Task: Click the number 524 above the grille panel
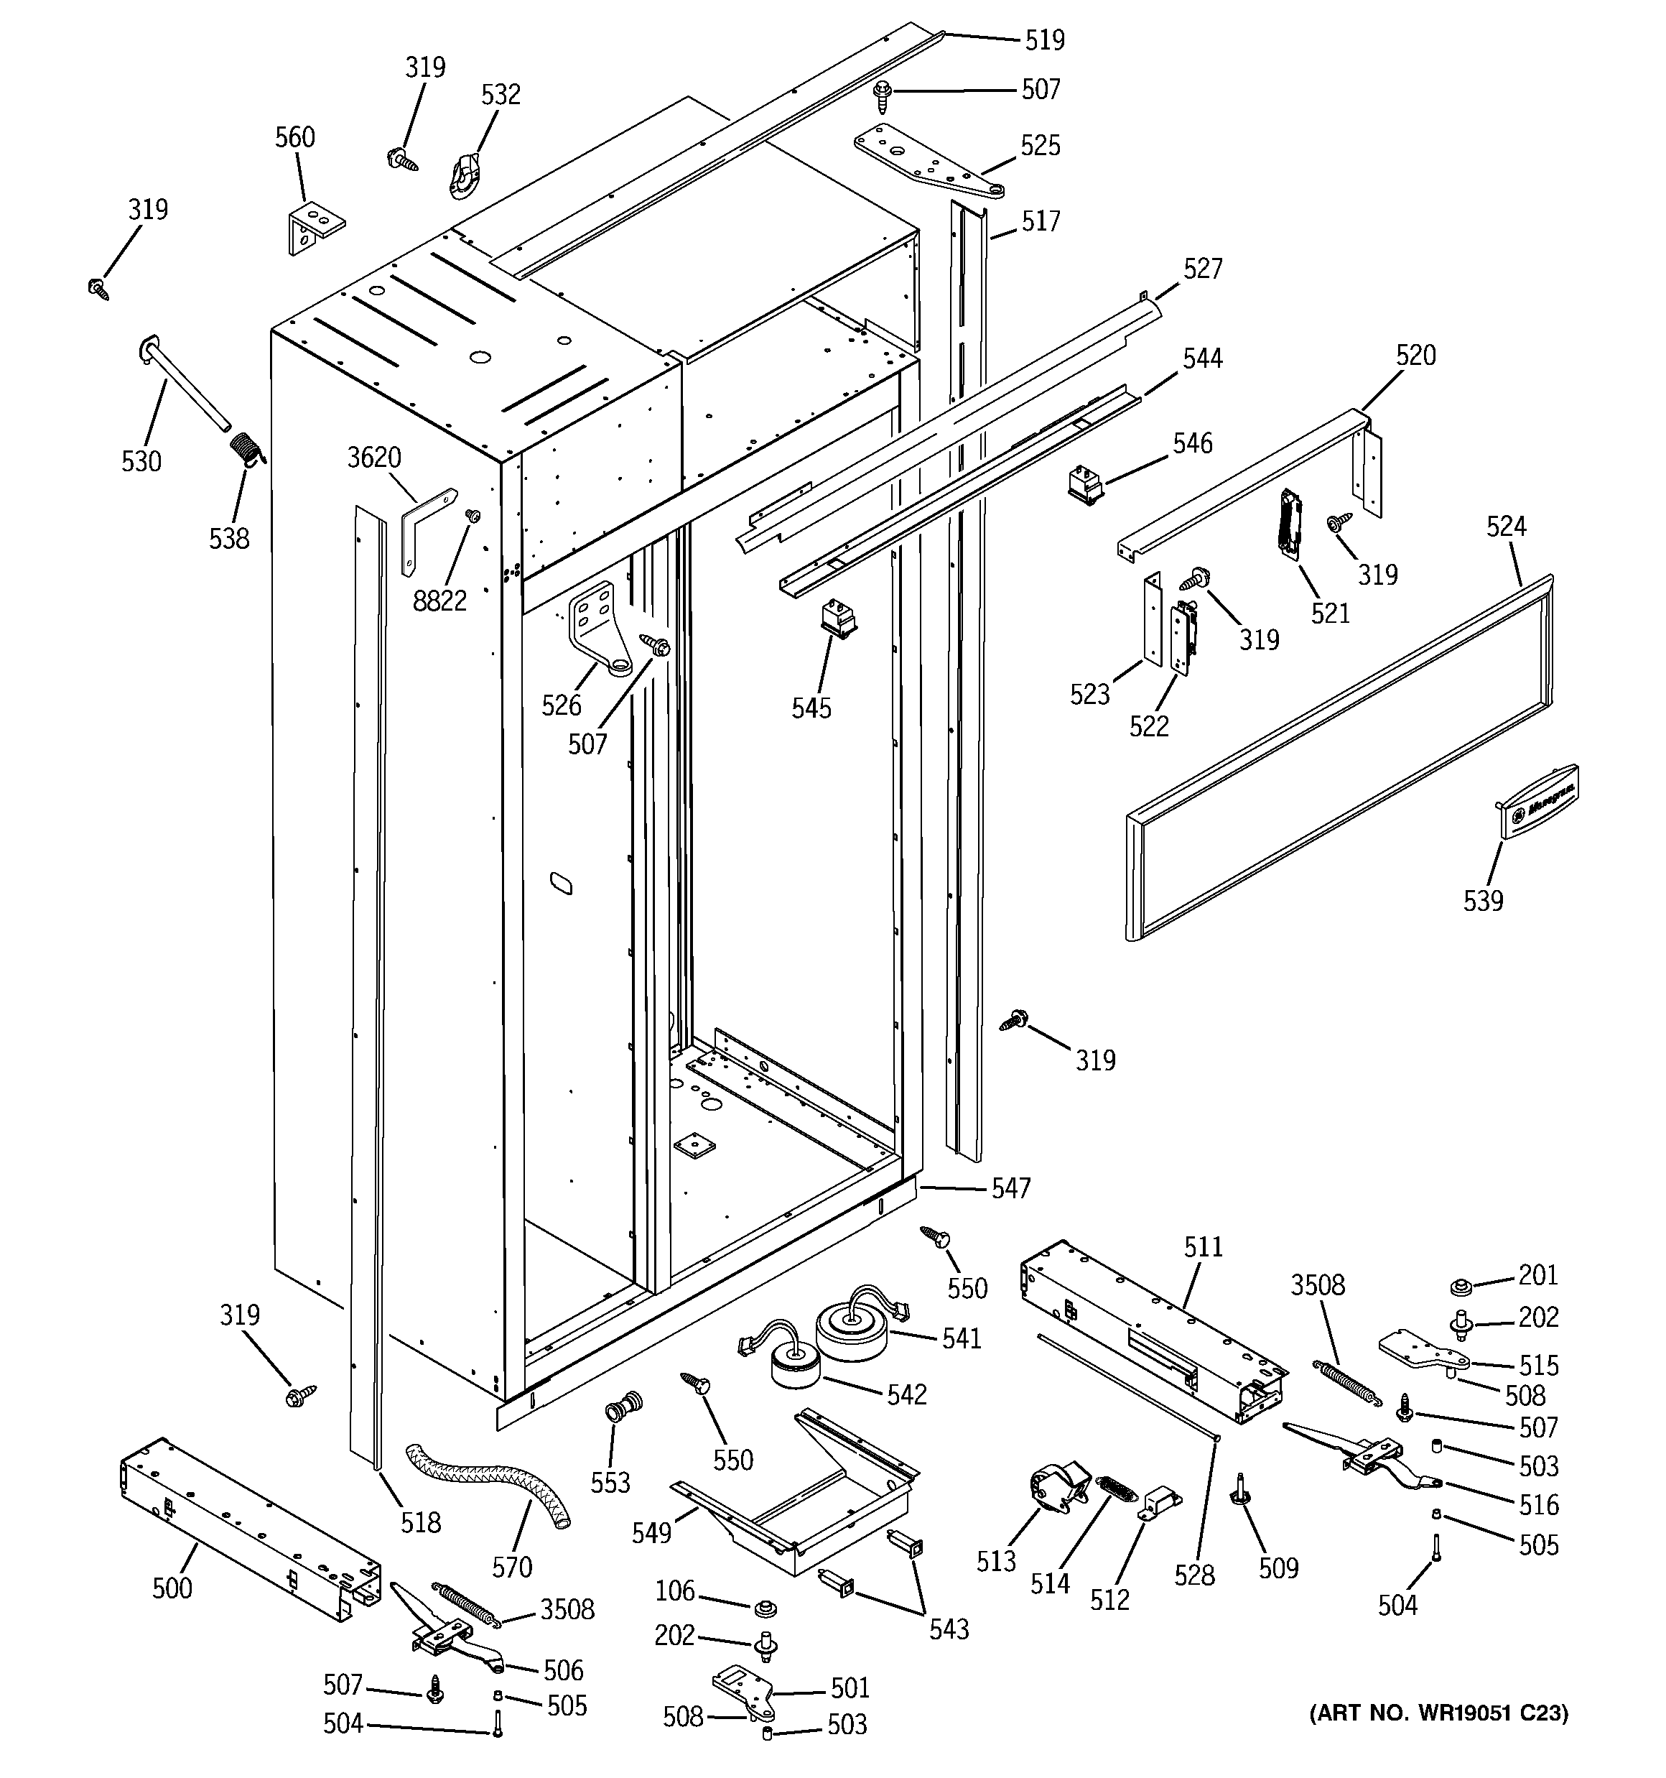click(1506, 526)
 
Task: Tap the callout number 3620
click(374, 457)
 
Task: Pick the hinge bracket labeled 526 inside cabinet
click(597, 629)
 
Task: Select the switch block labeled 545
click(838, 618)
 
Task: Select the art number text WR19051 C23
click(1438, 1713)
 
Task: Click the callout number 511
click(1203, 1246)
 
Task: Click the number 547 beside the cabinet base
click(1010, 1187)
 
